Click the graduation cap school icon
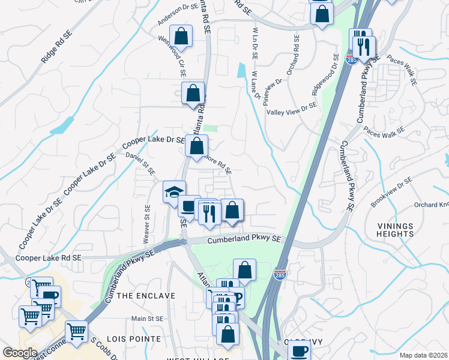point(174,192)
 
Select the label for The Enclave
point(146,296)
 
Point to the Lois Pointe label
point(139,339)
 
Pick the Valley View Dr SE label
point(291,108)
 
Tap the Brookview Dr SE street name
point(391,193)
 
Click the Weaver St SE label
point(146,220)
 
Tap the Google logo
point(20,353)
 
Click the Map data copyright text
point(423,355)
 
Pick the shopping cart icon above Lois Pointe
point(76,332)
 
